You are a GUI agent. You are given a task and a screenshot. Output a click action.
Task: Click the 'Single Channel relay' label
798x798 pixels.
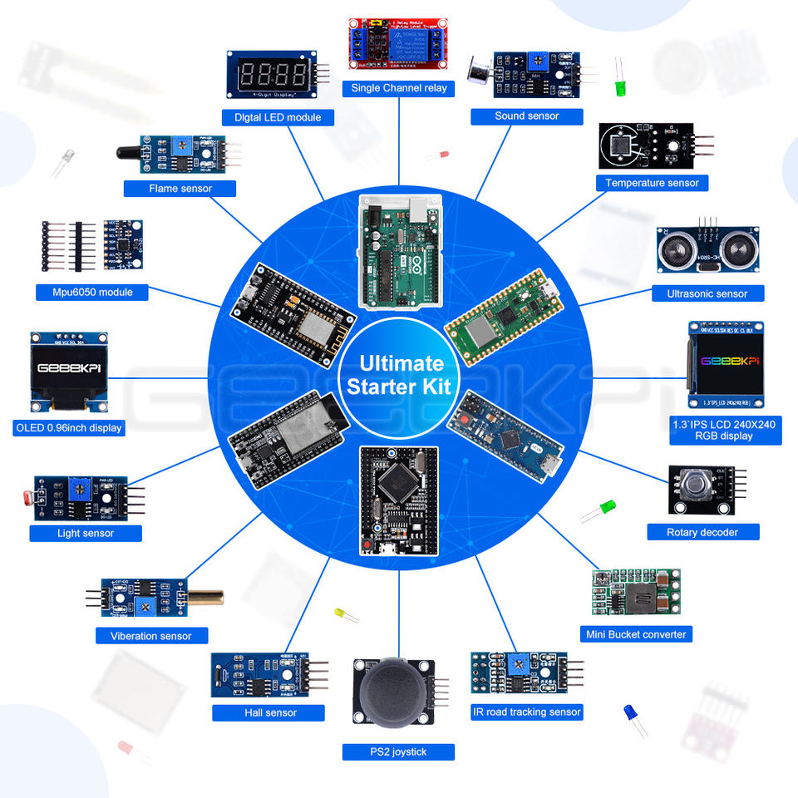[398, 88]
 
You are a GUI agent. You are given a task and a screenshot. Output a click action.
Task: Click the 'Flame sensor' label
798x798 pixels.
[180, 189]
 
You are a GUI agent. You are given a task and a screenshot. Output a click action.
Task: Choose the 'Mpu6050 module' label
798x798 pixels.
[92, 292]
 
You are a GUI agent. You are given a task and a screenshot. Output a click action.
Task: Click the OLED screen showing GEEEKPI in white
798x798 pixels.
[70, 368]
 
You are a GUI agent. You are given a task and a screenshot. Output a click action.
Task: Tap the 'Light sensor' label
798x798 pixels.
[86, 533]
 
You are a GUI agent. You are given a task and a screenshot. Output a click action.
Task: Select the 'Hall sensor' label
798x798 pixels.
[268, 712]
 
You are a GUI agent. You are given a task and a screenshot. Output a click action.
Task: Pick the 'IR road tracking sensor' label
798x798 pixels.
[527, 712]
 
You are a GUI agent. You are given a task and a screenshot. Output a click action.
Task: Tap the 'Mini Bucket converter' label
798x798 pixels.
[636, 634]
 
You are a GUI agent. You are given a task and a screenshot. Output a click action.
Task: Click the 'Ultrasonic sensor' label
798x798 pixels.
[707, 293]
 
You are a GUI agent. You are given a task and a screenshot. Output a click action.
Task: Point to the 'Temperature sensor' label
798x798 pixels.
[652, 183]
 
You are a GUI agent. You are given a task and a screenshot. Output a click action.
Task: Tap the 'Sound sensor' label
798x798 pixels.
[526, 116]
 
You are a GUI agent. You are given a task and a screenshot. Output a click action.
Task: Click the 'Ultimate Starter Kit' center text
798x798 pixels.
[399, 375]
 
